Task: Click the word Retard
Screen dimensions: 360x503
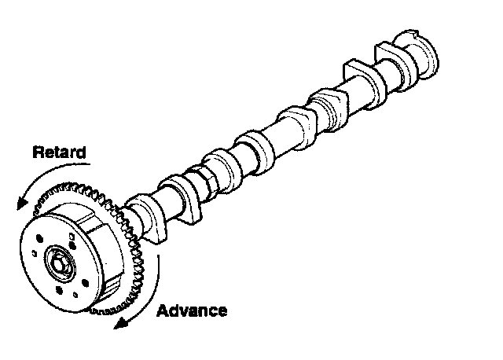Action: pos(59,152)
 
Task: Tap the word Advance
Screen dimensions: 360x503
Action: pos(192,310)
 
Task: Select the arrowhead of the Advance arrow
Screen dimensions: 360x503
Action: pos(119,325)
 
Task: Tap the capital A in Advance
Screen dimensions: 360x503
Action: pos(163,310)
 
